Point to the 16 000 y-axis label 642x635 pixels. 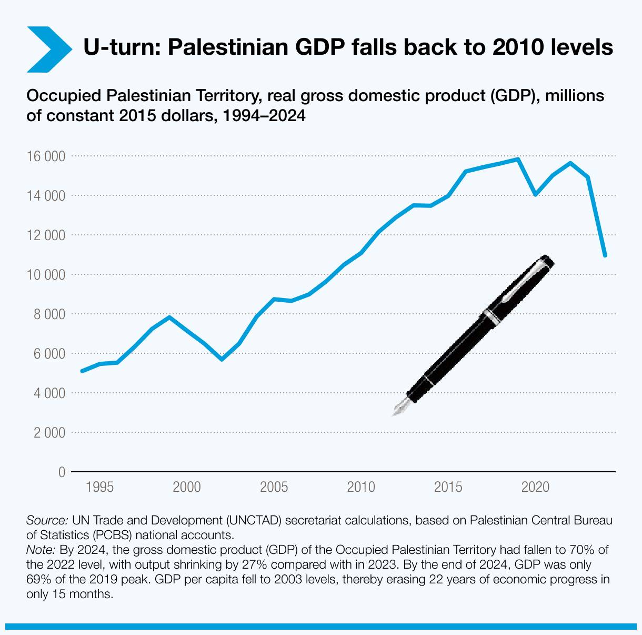[46, 156]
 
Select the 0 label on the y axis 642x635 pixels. [62, 472]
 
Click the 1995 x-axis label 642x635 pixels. [99, 487]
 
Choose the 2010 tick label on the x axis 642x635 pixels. [361, 487]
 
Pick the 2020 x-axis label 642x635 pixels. [535, 487]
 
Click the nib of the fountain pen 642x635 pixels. [400, 408]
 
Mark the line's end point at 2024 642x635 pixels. [605, 255]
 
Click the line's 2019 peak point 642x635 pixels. [518, 159]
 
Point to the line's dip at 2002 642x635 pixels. [222, 359]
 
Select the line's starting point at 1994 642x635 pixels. [82, 371]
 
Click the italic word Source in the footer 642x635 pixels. [46, 521]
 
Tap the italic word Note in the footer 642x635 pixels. [40, 550]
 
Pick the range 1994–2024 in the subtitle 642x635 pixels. [264, 115]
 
